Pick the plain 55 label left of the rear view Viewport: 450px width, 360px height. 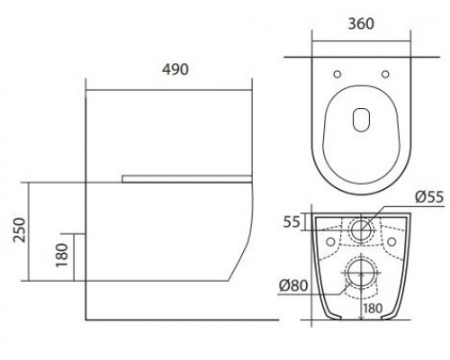tap(292, 220)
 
